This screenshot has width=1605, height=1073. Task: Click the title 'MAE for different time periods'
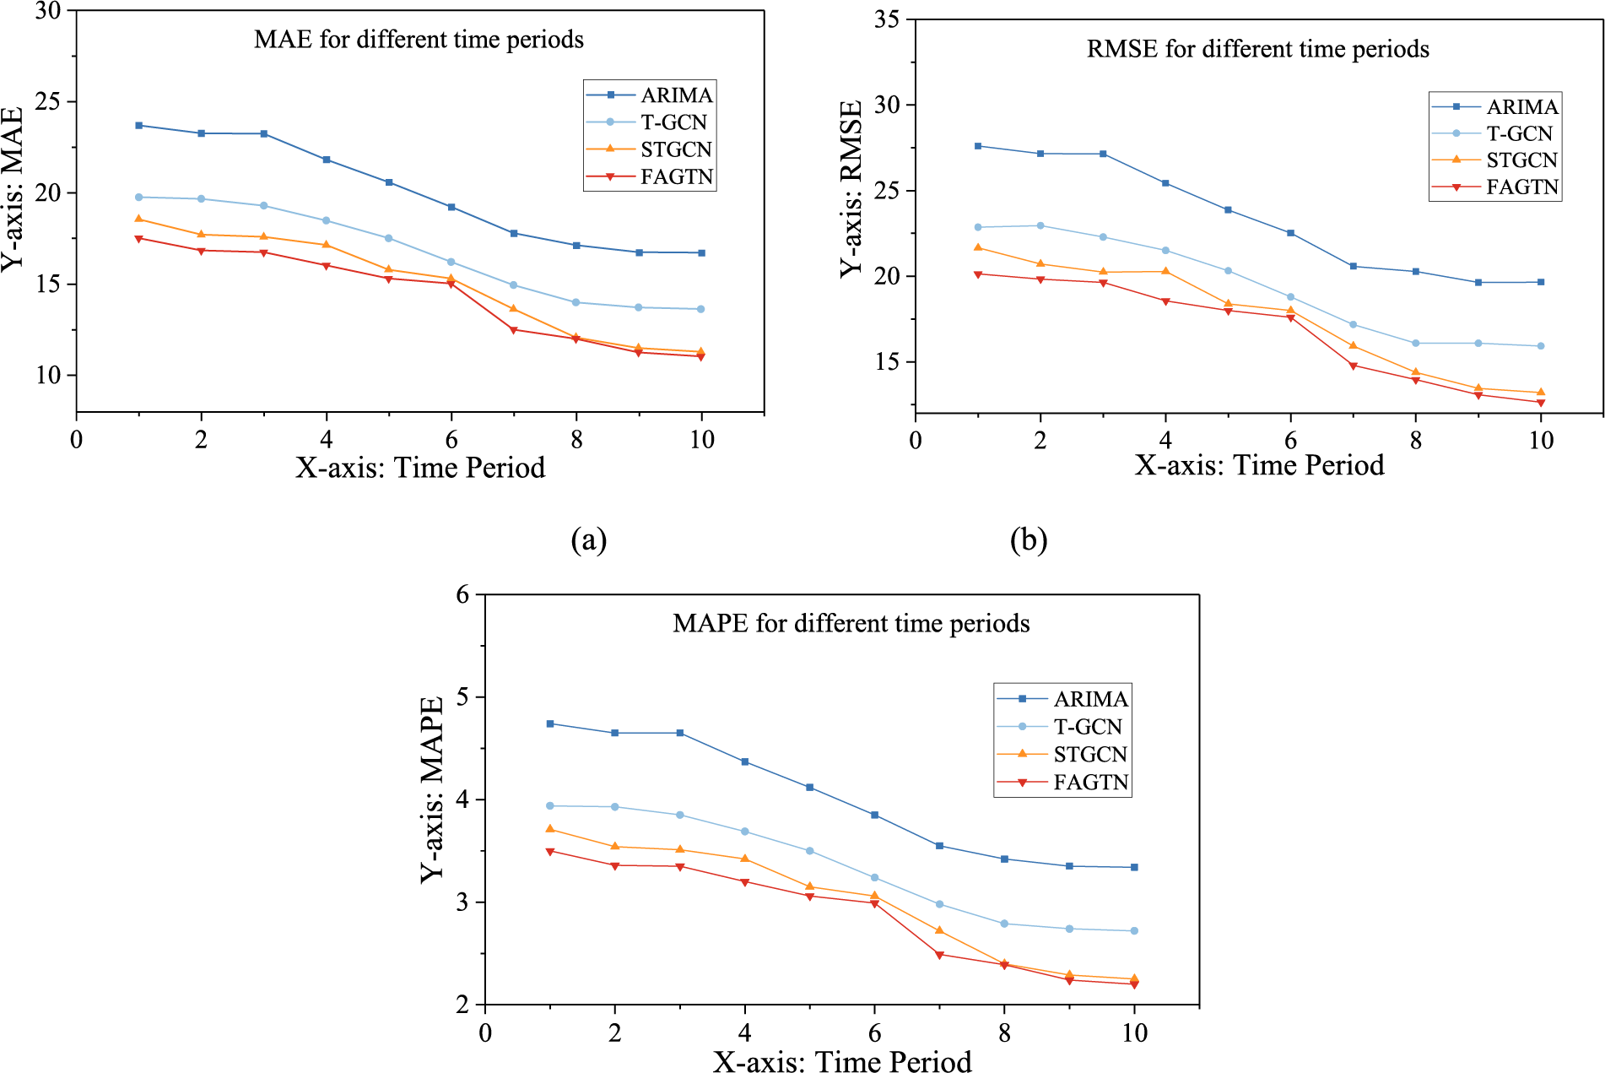pos(419,40)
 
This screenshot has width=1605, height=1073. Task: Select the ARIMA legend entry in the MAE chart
pos(676,95)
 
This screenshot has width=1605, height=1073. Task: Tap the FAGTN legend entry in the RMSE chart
pos(1521,187)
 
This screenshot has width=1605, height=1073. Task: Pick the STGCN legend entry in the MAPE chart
pos(1089,754)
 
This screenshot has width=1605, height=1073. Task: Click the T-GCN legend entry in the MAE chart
pos(673,122)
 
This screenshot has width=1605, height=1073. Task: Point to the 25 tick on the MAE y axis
pos(50,102)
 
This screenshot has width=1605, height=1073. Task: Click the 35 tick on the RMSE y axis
pos(887,19)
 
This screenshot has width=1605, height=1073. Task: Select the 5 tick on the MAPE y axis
pos(462,697)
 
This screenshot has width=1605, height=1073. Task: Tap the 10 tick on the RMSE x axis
pos(1541,440)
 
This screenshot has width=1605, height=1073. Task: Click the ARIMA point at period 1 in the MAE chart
pos(138,125)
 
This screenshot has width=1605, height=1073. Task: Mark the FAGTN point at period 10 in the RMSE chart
pos(1541,403)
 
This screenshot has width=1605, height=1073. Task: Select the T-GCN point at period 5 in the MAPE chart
pos(809,851)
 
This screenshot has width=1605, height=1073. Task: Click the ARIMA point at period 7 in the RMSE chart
pos(1354,266)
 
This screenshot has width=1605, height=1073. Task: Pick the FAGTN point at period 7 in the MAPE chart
pos(939,955)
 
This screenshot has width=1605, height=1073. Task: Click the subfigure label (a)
pos(588,539)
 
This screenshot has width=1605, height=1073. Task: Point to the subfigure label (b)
pos(1029,539)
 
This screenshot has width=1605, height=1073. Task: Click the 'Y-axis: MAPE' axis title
pos(432,789)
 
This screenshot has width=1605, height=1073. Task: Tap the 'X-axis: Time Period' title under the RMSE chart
pos(1259,465)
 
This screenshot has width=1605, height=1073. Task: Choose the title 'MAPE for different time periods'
pos(851,623)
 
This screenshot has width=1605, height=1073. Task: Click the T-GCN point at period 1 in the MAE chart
pos(138,197)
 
